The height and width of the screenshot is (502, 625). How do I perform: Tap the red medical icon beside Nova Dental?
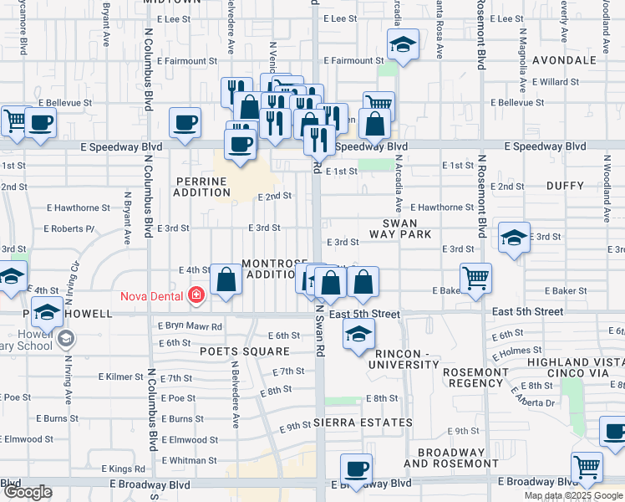196,295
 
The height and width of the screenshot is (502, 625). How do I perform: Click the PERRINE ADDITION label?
201,186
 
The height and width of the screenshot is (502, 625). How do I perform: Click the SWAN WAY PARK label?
407,228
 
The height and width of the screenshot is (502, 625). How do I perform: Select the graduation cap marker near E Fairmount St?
403,46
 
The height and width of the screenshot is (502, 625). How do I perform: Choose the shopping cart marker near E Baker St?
475,278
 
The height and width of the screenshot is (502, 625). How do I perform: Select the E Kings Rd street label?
124,470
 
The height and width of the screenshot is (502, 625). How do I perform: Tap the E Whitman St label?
190,460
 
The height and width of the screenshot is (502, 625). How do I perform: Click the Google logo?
28,492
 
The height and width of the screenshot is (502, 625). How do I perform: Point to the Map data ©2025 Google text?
573,495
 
